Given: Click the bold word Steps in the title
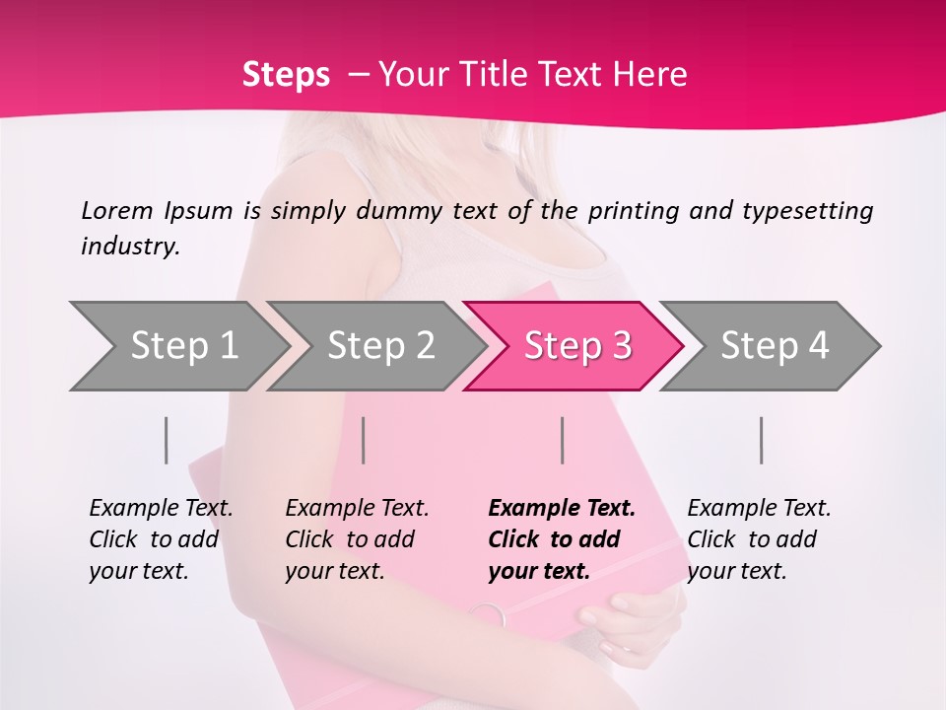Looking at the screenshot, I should click(286, 75).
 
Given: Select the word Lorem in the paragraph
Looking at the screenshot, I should click(117, 210).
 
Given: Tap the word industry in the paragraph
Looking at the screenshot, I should click(130, 247).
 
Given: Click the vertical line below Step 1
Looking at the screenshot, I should click(167, 440).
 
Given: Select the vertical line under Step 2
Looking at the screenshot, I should click(364, 440).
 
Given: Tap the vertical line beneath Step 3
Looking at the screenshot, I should click(562, 440).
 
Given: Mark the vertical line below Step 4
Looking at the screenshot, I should click(761, 440).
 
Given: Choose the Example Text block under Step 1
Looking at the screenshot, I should click(161, 539).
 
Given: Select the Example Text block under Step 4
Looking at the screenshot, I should click(759, 539).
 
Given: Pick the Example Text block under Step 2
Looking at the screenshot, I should click(357, 539).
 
